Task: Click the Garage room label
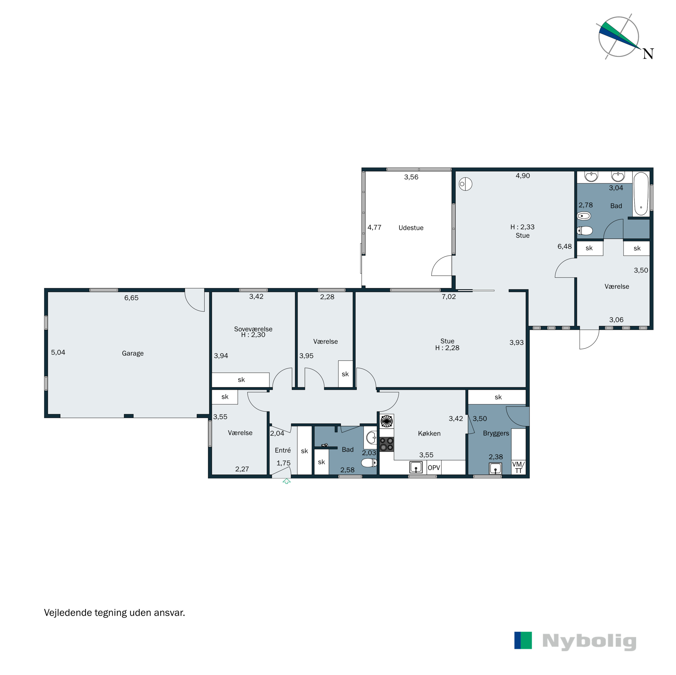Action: (133, 353)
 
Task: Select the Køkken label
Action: (429, 433)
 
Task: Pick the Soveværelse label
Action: (253, 329)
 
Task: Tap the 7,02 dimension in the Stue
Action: (449, 297)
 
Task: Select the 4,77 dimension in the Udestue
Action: (374, 228)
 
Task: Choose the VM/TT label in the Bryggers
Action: (518, 467)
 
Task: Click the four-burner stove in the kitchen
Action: (387, 444)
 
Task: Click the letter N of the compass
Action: (648, 54)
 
